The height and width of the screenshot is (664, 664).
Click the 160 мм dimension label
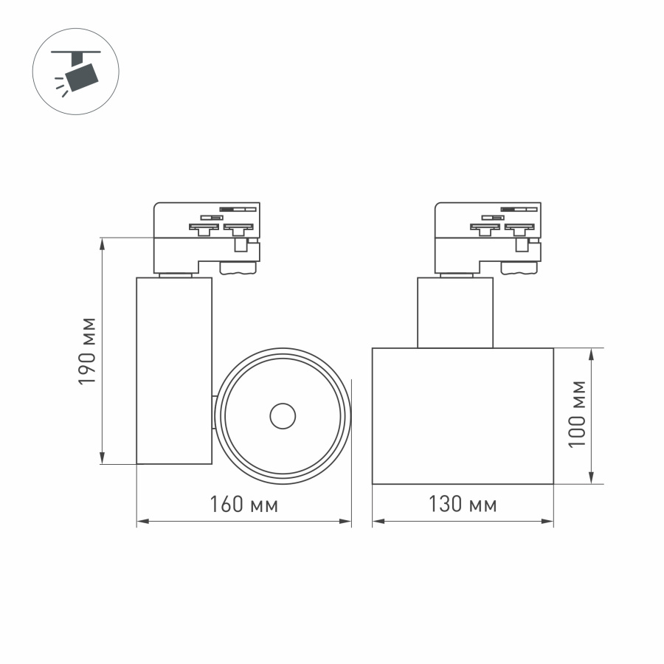[x=243, y=505]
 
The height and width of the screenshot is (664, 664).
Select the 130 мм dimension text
[x=463, y=505]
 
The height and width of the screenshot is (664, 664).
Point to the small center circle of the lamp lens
[x=283, y=416]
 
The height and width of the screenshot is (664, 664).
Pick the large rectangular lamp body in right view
[x=463, y=416]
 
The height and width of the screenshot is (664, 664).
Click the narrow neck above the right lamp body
[x=455, y=313]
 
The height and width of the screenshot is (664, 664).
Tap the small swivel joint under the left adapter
[x=176, y=274]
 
